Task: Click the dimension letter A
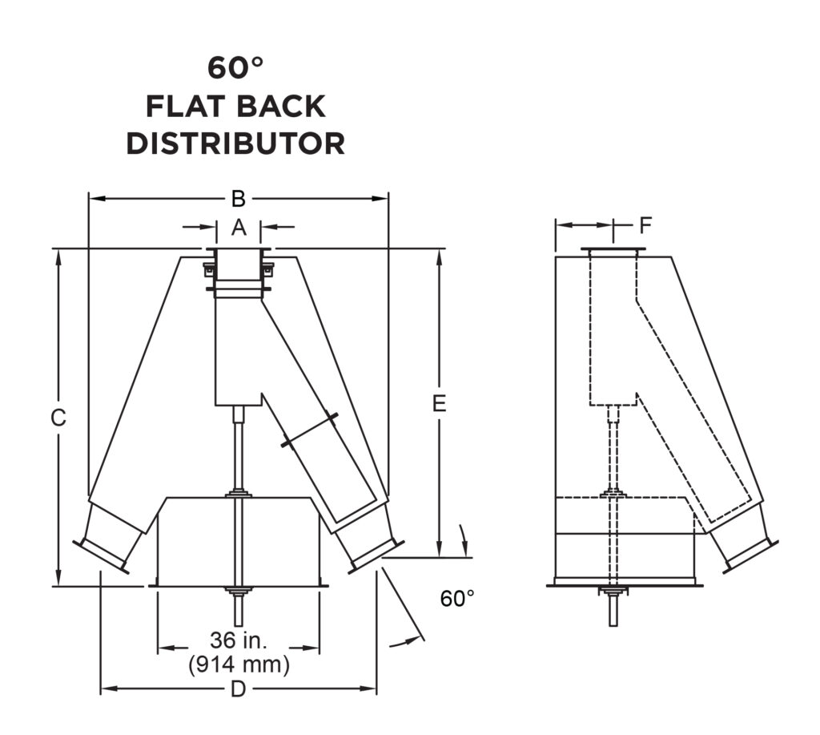(x=239, y=228)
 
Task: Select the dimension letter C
(x=58, y=418)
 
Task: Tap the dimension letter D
(x=238, y=689)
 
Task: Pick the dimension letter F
(x=645, y=226)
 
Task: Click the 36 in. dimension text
(x=238, y=642)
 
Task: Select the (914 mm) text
(x=238, y=665)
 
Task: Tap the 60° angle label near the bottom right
(x=457, y=598)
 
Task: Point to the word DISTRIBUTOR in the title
(x=235, y=143)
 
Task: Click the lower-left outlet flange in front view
(x=101, y=556)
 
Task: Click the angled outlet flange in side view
(x=750, y=556)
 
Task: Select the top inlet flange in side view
(x=613, y=252)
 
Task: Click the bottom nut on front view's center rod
(x=239, y=592)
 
